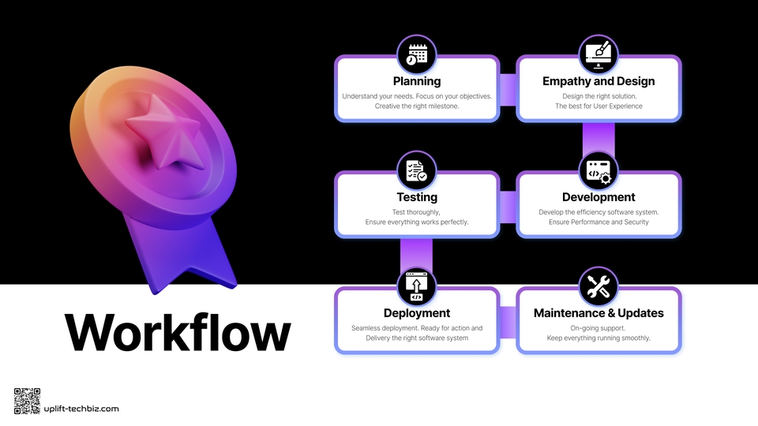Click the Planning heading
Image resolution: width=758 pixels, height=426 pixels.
point(417,81)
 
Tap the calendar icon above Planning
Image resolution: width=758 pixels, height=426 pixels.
point(417,54)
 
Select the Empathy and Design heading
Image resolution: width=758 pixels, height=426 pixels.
point(599,81)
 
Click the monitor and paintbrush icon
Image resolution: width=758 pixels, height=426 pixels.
point(599,54)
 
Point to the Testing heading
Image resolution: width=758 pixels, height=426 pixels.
point(417,197)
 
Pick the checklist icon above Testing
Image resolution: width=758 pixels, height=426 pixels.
point(417,170)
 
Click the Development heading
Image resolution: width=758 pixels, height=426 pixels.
point(599,197)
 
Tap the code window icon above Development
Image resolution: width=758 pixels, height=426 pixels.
point(599,170)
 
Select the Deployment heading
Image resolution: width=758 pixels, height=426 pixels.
point(417,313)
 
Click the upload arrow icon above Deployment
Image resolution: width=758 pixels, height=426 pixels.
point(417,286)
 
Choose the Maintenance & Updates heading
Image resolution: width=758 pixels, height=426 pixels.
point(599,313)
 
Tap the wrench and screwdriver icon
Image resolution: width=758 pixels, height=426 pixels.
point(599,286)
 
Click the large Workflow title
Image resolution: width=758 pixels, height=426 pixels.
point(178,332)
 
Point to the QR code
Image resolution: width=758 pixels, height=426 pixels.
point(27,401)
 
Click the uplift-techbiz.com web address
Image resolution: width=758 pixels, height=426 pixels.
point(81,409)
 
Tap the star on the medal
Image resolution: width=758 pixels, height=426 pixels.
point(163,132)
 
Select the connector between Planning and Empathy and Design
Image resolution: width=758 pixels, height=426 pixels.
point(508,89)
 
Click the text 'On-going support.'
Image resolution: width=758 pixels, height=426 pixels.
point(598,328)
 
